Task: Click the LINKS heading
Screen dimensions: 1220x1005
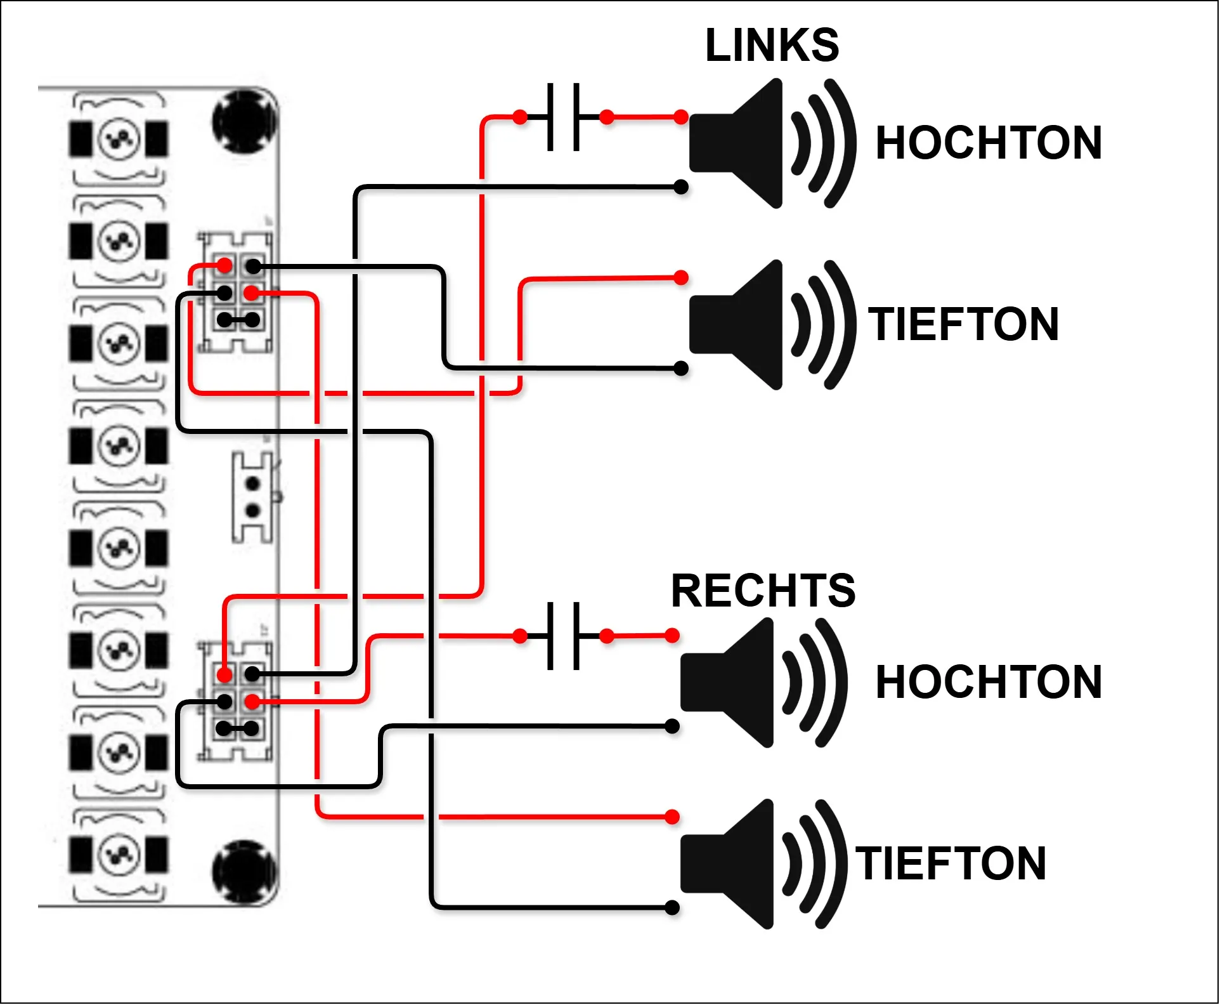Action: click(772, 46)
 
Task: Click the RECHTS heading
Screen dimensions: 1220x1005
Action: click(763, 591)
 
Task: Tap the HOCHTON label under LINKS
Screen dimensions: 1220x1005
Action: click(989, 143)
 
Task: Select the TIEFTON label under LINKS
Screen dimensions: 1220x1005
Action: click(963, 324)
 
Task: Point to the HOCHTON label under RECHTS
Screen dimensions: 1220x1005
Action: click(989, 682)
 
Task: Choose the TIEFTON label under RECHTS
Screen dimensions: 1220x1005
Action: click(951, 864)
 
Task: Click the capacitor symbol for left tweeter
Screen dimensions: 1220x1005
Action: click(564, 117)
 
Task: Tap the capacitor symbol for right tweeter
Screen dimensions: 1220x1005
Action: click(564, 636)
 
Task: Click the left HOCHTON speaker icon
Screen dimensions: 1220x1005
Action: click(773, 143)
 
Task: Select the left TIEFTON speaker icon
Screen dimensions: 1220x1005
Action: click(773, 325)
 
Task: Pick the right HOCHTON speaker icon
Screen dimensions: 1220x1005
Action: click(764, 683)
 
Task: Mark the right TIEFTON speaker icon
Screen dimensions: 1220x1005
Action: click(764, 864)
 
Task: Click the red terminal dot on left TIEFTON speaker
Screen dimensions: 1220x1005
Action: click(681, 277)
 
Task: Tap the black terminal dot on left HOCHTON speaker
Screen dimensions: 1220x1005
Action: click(681, 187)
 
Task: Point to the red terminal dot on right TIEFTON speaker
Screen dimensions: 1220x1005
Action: click(672, 817)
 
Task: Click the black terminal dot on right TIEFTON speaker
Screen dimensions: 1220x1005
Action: click(672, 908)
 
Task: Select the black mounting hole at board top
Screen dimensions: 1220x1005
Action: click(244, 122)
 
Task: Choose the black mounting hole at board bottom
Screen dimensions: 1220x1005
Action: click(244, 872)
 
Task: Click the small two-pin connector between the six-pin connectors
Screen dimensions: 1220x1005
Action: click(253, 497)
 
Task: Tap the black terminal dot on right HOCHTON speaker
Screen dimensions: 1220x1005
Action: click(672, 726)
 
